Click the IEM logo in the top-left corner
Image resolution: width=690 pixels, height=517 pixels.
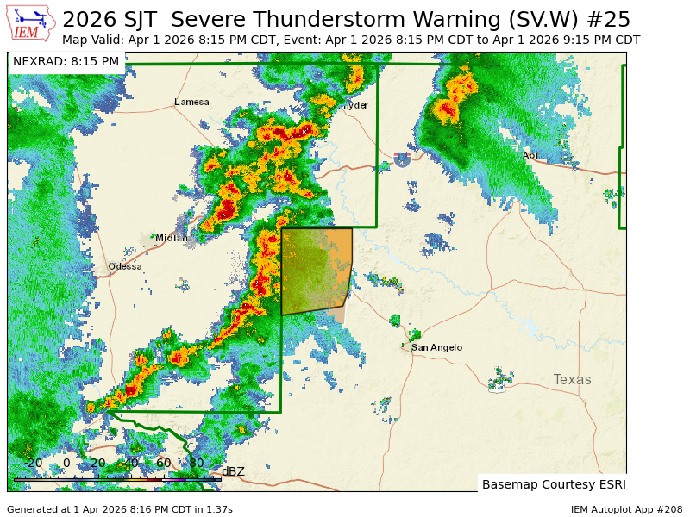pos(31,23)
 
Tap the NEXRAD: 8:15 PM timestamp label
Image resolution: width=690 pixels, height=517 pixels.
pos(66,61)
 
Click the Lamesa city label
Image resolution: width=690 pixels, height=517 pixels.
pos(191,102)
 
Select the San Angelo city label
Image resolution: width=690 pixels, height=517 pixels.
pos(436,347)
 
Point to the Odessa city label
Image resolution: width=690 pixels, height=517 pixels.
pos(125,266)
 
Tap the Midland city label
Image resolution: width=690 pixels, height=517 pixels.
pos(171,238)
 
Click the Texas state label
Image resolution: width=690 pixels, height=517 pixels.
pos(572,379)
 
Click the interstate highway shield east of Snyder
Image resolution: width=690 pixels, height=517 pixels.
pos(402,159)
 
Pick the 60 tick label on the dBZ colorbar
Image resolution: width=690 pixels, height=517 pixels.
pos(163,463)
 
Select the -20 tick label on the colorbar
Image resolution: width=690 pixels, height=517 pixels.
pos(33,463)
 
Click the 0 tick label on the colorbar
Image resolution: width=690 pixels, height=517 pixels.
pos(66,463)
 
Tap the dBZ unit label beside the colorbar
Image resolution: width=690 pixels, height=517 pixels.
pos(233,471)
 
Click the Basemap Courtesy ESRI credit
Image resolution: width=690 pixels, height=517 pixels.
pos(554,484)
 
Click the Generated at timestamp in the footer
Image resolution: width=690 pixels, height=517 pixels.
pos(119,509)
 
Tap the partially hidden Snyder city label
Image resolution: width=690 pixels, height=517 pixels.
pos(354,105)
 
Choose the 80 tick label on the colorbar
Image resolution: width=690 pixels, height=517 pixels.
pos(196,463)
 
